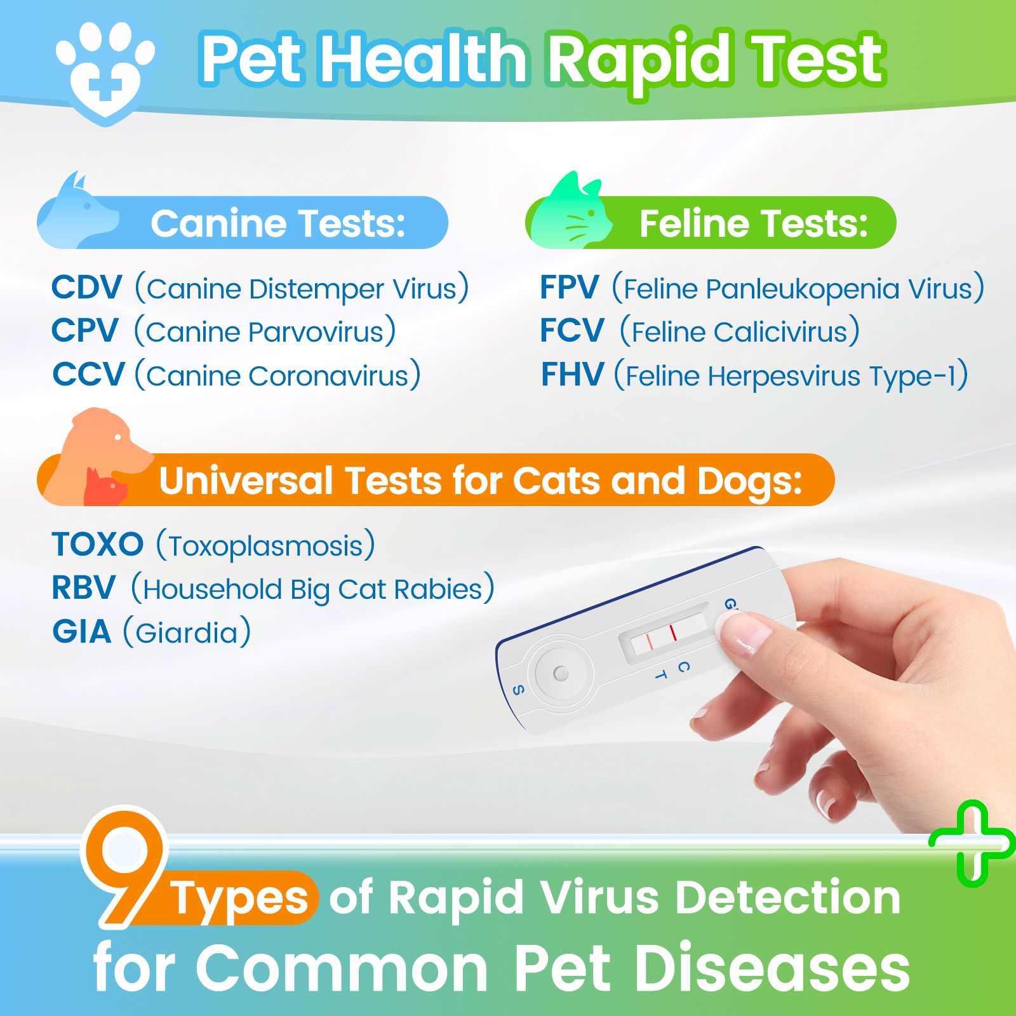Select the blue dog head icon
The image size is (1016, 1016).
point(79,213)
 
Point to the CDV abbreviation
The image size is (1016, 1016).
point(86,288)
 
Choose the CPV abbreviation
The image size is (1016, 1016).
point(85,331)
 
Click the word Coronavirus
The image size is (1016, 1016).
point(328,376)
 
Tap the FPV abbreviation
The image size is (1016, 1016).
point(569,288)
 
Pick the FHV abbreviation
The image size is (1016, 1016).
point(572,375)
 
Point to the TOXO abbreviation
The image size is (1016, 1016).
point(98,545)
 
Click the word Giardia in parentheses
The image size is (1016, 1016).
point(187,633)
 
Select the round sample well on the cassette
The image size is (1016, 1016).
point(561,674)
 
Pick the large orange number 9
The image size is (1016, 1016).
point(124,864)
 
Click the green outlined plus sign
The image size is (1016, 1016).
point(972,843)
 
